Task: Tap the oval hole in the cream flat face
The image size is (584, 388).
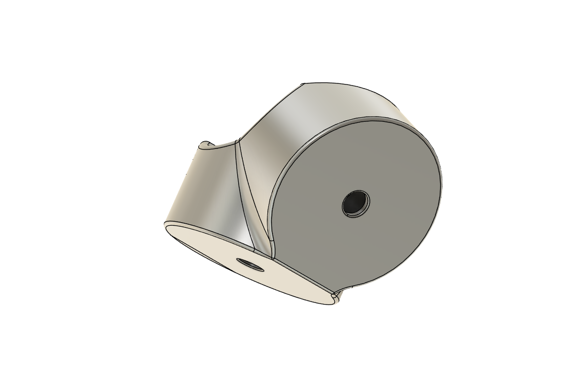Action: (249, 264)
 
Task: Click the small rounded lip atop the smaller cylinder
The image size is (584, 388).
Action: (207, 145)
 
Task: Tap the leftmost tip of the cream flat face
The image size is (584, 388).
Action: (165, 225)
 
